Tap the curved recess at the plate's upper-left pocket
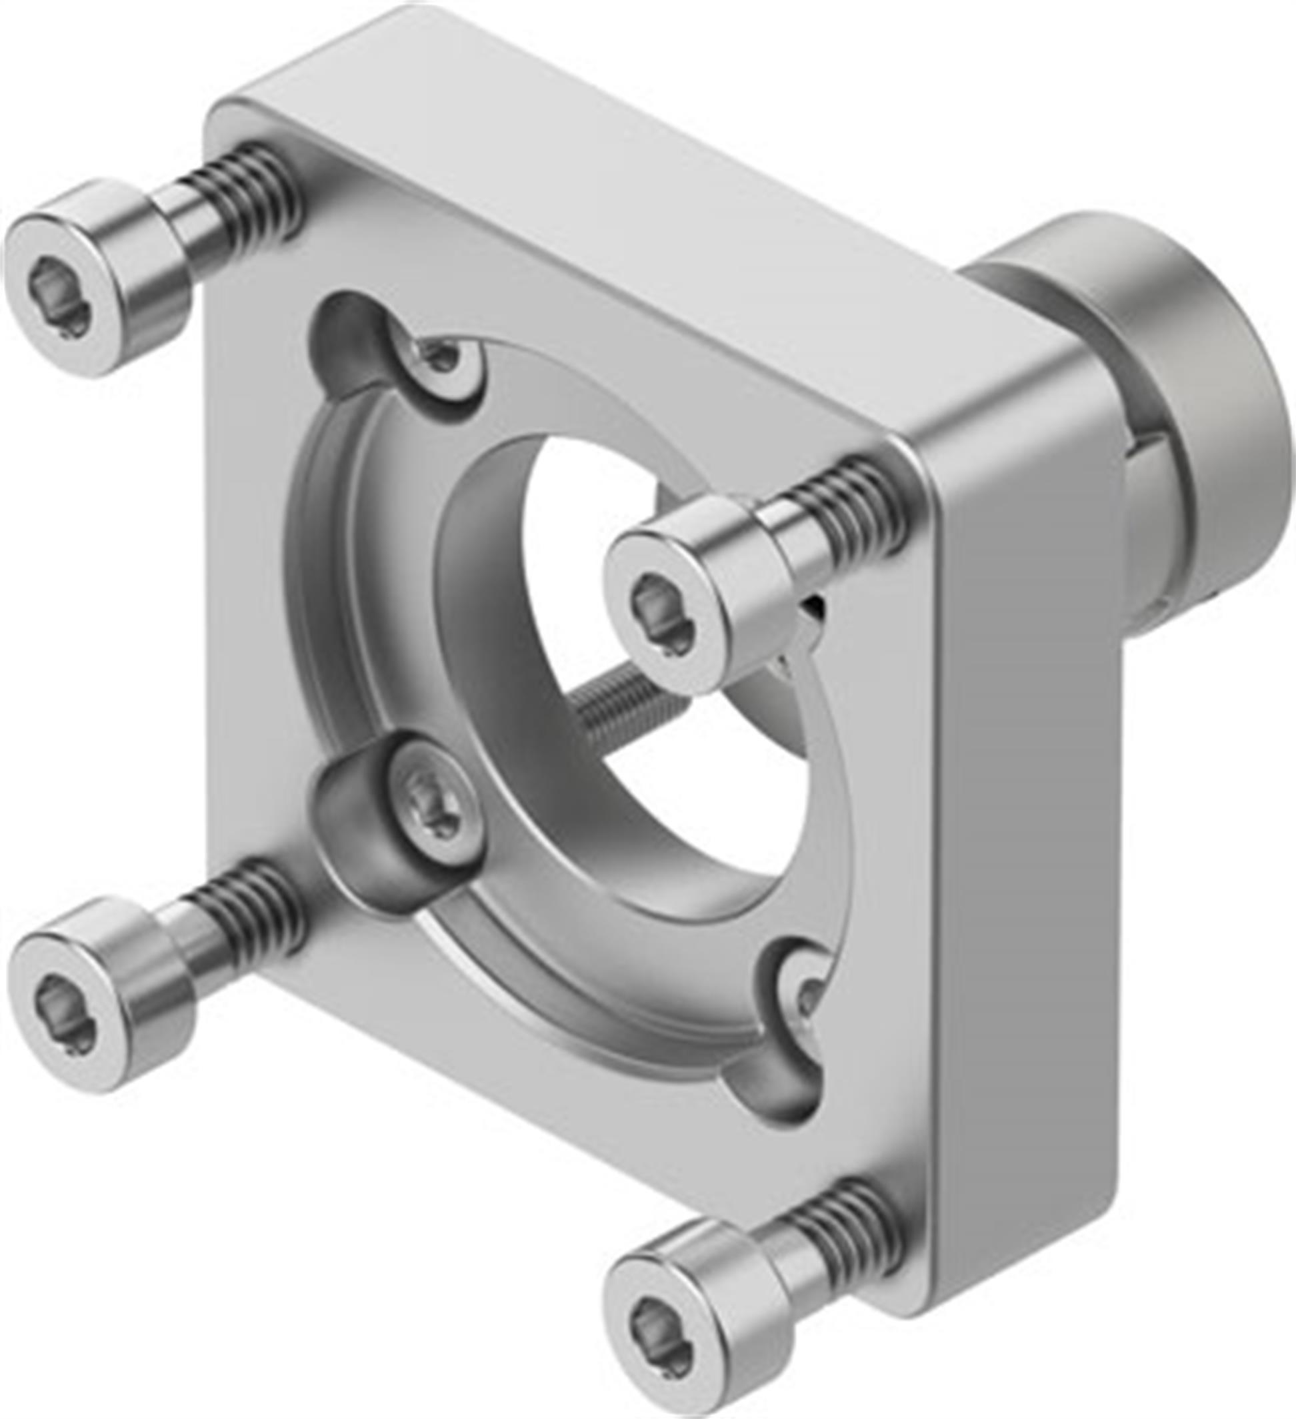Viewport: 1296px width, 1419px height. (x=345, y=331)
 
